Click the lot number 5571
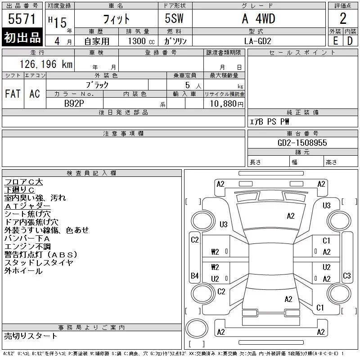pyautogui.click(x=22, y=19)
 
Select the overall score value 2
pyautogui.click(x=343, y=19)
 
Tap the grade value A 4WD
pyautogui.click(x=258, y=19)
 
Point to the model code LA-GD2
pyautogui.click(x=258, y=40)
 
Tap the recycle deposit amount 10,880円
pyautogui.click(x=224, y=103)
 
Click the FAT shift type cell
pyautogui.click(x=13, y=94)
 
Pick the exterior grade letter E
pyautogui.click(x=335, y=40)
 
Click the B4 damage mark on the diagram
pyautogui.click(x=194, y=275)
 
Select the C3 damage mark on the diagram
pyautogui.click(x=346, y=275)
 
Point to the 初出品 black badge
pyautogui.click(x=22, y=38)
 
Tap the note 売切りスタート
pyautogui.click(x=31, y=336)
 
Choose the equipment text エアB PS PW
pyautogui.click(x=270, y=121)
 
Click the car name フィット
pyautogui.click(x=116, y=19)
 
